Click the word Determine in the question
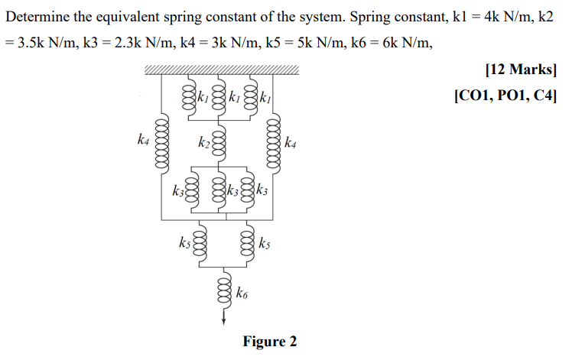pos(38,17)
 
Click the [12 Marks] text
pos(521,70)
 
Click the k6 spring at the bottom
pos(223,291)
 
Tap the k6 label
pos(242,292)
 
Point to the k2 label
pos(203,142)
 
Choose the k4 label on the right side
pos(291,142)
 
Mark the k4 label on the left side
pos(143,139)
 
